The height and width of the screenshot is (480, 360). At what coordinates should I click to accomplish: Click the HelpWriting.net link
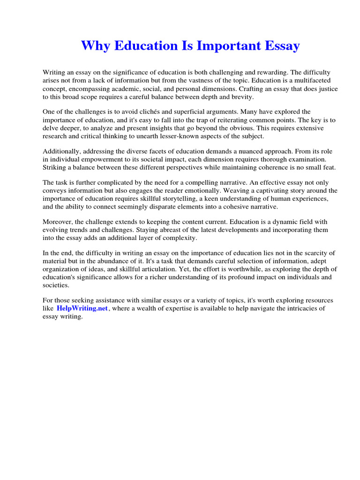tap(82, 308)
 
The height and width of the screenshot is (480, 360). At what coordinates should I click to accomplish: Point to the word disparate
tap(170, 207)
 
